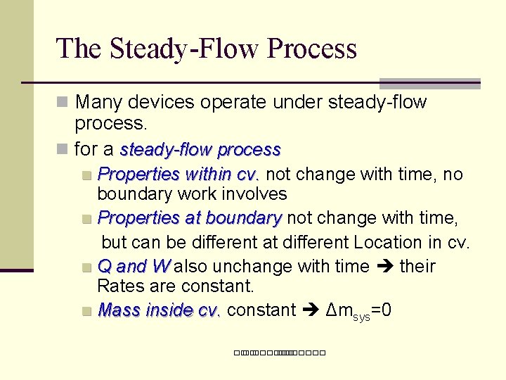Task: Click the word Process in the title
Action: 312,49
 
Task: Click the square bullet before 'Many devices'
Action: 63,103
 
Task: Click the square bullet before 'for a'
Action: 63,150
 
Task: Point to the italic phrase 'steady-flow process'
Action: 200,150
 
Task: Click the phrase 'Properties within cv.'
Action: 179,174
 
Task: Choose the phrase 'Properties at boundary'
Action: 190,218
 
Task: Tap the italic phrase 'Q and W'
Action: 134,266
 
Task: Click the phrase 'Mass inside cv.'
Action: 160,310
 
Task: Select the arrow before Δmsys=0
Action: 311,310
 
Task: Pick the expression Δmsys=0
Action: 358,310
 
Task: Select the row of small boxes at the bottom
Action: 279,352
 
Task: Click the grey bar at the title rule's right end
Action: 429,83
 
